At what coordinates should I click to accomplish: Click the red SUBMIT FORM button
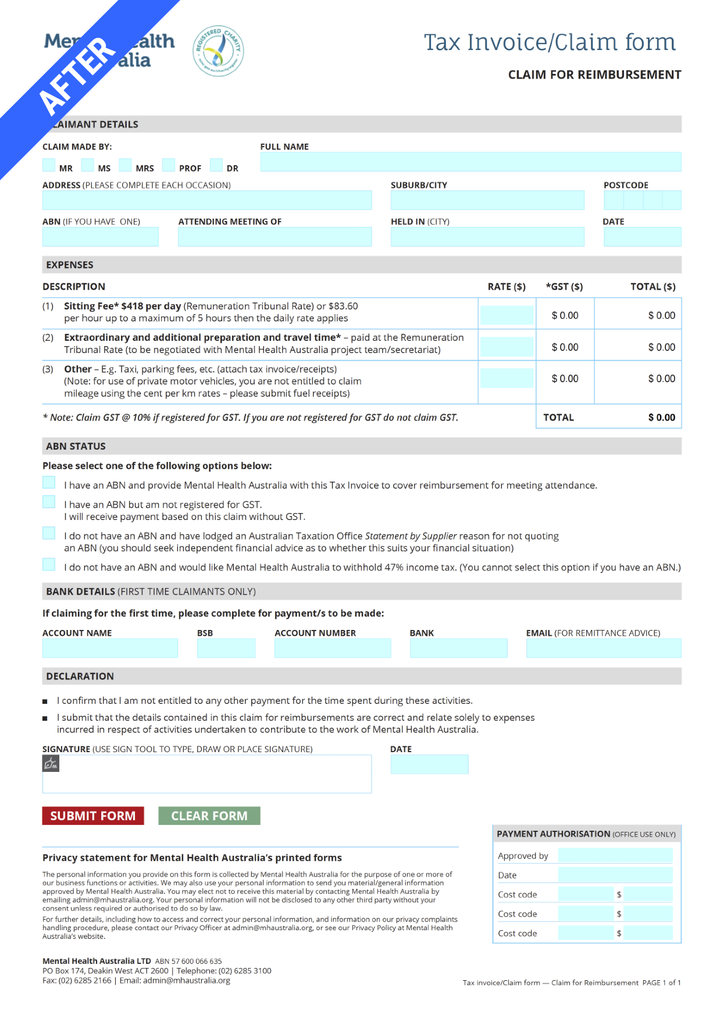92,816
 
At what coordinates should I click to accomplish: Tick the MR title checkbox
49,165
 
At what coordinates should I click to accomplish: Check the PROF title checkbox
169,165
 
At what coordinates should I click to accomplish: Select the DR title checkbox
216,165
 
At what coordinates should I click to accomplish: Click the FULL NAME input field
470,162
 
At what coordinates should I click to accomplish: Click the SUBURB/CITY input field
487,200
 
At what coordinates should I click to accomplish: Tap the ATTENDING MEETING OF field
275,237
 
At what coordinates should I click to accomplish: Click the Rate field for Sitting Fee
507,315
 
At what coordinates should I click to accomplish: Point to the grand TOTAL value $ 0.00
661,418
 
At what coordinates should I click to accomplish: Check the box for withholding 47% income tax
49,564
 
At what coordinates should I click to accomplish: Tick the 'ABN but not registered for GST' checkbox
49,501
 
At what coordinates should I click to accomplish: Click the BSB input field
226,648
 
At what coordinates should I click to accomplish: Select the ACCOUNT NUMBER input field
332,648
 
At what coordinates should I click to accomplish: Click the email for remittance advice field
603,648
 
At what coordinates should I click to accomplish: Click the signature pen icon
51,763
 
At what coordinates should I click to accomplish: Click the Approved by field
615,855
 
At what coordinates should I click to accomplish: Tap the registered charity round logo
218,51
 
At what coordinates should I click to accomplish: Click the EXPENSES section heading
70,265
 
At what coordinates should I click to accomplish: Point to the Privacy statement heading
192,857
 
